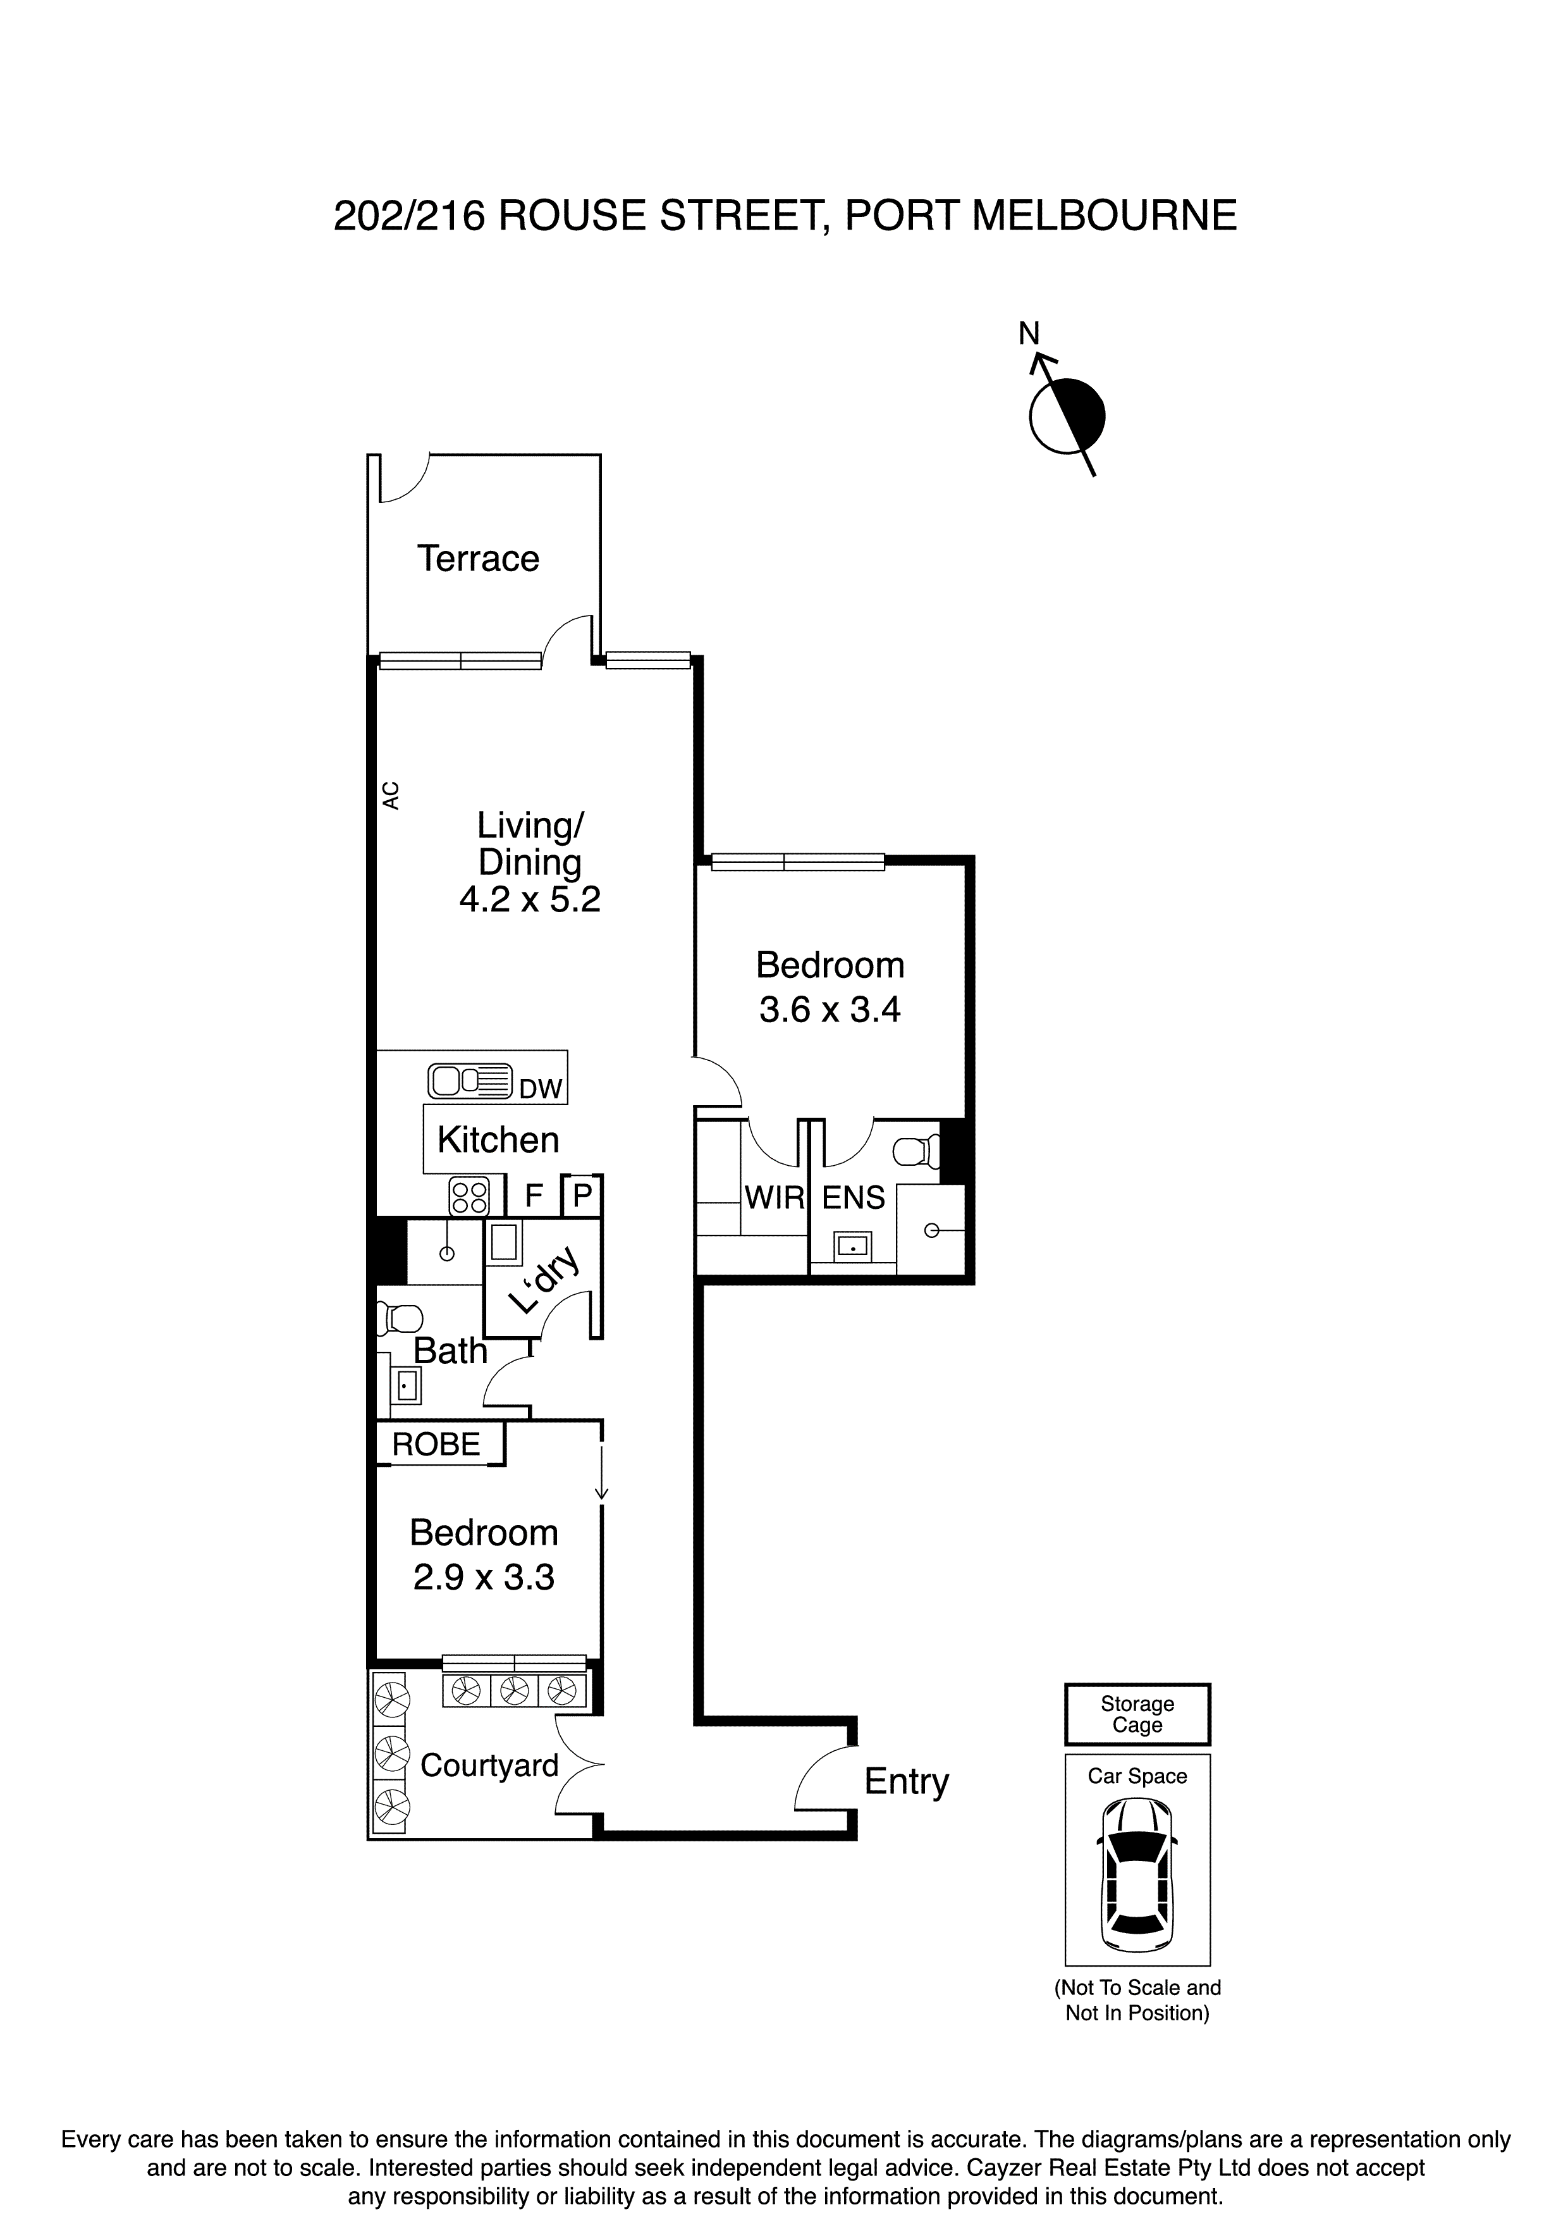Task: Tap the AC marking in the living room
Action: pos(390,794)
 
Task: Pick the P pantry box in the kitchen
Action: pos(582,1197)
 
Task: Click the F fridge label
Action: pos(532,1197)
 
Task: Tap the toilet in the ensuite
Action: pos(916,1151)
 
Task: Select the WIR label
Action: pos(774,1199)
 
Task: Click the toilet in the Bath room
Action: pos(401,1318)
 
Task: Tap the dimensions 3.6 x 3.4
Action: pos(830,1010)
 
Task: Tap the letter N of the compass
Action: pos(1029,333)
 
